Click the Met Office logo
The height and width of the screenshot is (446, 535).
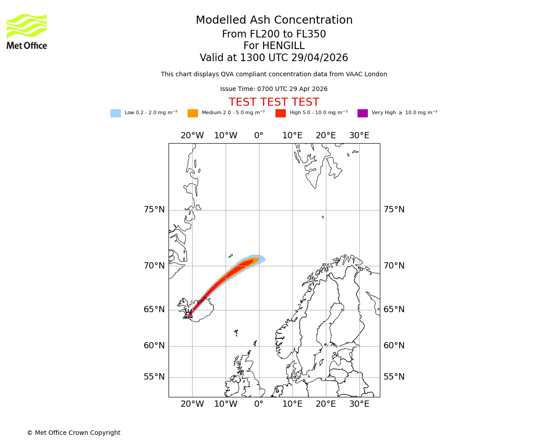27,31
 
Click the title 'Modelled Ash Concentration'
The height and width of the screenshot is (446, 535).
274,20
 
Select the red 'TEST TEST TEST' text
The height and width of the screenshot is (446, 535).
274,102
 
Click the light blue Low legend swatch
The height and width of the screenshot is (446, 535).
115,113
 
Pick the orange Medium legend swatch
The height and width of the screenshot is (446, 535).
193,113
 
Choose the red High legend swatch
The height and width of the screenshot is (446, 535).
280,113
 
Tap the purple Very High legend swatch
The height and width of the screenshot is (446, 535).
362,113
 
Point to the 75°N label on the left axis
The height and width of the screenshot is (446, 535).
154,210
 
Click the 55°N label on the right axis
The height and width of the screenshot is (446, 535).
394,377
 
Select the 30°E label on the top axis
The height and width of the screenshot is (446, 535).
359,136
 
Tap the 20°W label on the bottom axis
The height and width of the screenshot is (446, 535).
192,404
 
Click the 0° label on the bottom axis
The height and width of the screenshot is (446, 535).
259,404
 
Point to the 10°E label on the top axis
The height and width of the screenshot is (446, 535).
292,136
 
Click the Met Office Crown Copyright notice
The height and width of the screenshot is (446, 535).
74,433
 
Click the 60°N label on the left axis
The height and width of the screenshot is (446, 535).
154,346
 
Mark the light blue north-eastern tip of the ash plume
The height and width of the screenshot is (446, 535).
263,259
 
